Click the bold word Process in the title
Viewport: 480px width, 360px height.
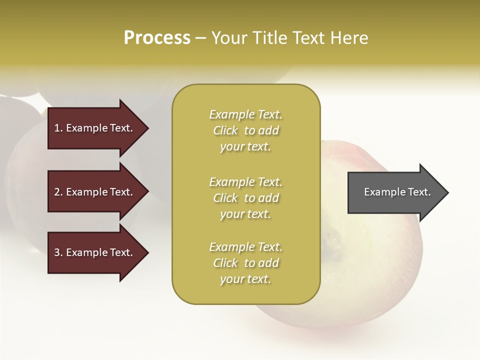[157, 38]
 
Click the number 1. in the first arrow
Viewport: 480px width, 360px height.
[58, 128]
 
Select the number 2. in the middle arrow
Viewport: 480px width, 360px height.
[58, 192]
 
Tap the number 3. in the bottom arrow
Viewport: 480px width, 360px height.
[58, 252]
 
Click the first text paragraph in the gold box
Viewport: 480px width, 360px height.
[246, 130]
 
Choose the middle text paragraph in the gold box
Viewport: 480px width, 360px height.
[246, 198]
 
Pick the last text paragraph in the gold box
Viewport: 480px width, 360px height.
[246, 263]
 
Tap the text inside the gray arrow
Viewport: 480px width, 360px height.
[397, 192]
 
